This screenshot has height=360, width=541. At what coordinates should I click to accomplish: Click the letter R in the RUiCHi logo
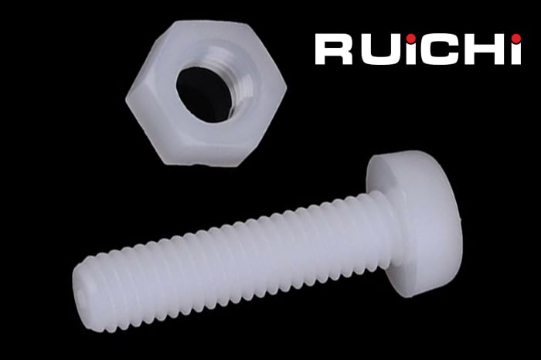(333, 49)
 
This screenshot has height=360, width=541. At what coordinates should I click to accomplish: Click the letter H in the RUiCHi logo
(481, 49)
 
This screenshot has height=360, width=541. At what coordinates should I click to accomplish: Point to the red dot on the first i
(410, 38)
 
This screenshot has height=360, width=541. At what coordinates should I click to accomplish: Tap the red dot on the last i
(516, 39)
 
